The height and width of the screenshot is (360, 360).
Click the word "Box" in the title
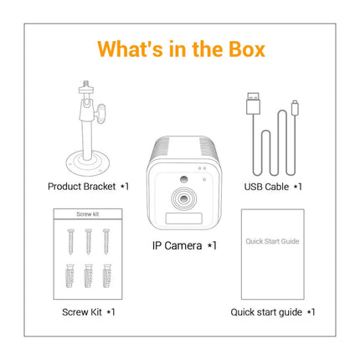pos(239,49)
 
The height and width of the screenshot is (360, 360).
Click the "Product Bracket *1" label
pos(86,187)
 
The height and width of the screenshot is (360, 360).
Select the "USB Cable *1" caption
pos(272,187)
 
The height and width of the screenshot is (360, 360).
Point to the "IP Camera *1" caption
pos(183,245)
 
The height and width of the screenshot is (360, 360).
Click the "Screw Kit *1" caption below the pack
pos(87,311)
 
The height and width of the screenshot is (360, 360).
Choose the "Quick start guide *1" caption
pos(273,311)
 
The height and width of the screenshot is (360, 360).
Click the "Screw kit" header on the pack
pos(87,215)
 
